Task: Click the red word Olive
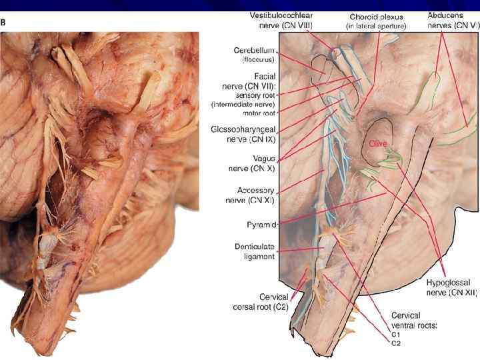tap(377, 144)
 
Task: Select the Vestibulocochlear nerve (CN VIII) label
tap(281, 20)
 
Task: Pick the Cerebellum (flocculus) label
tap(255, 54)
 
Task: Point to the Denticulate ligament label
tap(255, 251)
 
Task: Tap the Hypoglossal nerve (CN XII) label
tap(451, 287)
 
